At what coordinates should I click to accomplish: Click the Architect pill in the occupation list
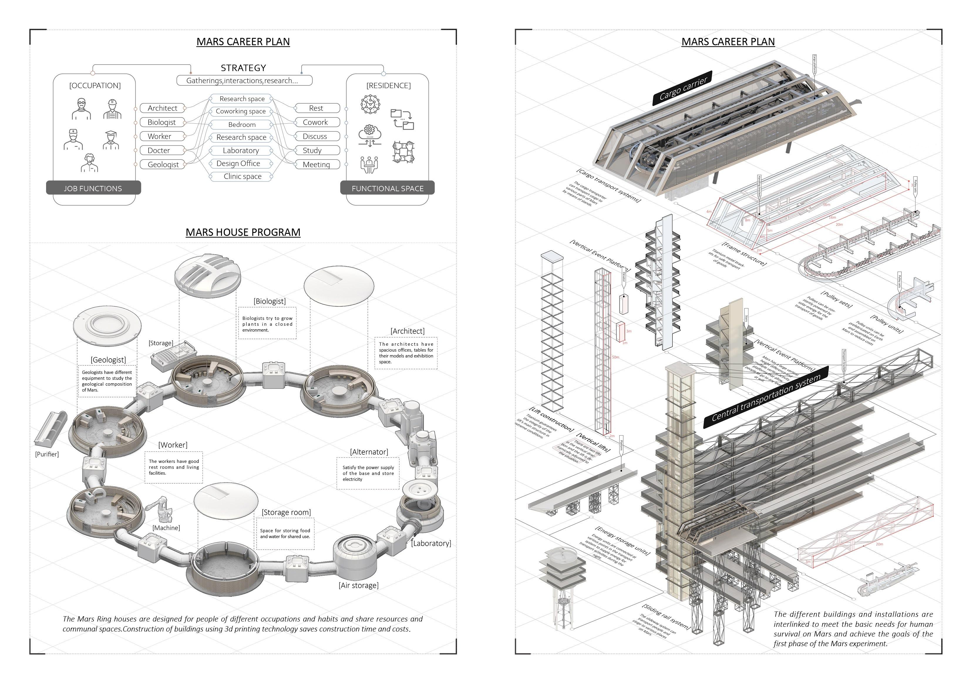pos(162,108)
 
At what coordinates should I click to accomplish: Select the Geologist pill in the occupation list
pos(163,164)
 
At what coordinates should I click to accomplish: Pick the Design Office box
pos(238,164)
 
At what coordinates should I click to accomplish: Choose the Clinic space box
pos(242,177)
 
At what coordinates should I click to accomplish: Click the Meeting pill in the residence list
pos(316,164)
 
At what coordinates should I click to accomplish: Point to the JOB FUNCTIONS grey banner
pos(93,188)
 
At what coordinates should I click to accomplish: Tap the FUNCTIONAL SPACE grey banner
pos(387,188)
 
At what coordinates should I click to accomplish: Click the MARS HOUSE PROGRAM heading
pos(243,232)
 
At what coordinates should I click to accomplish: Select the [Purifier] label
pos(47,454)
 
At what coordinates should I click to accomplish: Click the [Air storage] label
pos(358,585)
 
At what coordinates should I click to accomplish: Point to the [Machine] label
pos(166,528)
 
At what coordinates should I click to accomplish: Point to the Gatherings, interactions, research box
pos(244,80)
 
